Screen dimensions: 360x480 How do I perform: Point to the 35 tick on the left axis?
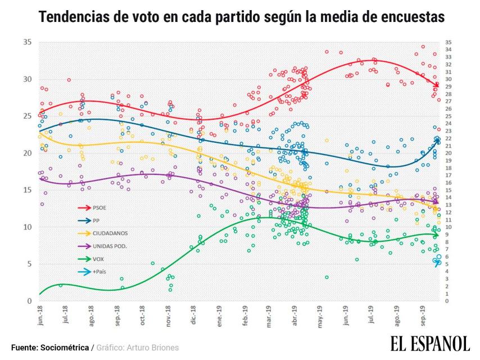[27, 42]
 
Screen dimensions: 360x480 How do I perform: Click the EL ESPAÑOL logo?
[430, 343]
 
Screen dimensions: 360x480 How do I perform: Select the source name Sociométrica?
[65, 348]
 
